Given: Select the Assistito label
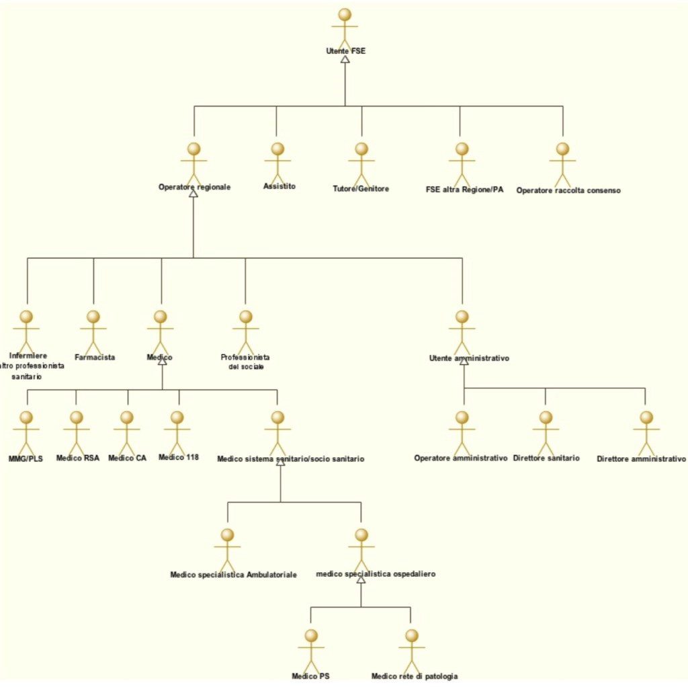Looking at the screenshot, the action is pos(279,186).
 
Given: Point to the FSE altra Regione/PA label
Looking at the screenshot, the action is pos(464,190).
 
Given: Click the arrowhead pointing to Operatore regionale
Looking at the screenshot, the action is pos(193,193).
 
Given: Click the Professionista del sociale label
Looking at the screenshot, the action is pos(245,362).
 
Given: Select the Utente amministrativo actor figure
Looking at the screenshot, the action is pos(462,331).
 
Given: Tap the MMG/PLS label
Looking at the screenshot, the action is pos(26,458).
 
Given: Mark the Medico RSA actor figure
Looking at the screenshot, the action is pos(77,432).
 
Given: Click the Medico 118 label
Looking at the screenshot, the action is pos(179,457).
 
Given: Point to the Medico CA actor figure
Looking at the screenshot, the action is pos(127,432).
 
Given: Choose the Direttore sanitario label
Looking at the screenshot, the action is pos(546,458).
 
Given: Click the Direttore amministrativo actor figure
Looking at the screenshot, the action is pos(646,432).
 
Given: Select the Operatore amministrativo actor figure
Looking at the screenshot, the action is pos(462,432).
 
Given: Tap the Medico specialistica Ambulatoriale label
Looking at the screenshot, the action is pos(233,575).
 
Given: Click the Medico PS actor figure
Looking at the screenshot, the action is pos(311,650).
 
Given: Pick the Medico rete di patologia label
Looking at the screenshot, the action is pos(415,676).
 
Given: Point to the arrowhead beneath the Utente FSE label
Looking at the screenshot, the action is pos(345,59).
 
